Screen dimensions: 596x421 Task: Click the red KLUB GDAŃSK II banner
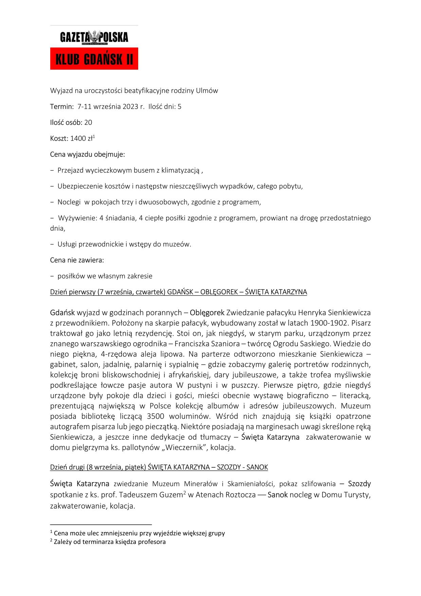coord(94,59)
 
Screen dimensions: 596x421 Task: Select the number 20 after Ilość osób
coord(88,123)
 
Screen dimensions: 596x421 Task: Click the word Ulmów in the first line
coord(207,91)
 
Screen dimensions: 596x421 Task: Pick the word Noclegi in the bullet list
coord(69,202)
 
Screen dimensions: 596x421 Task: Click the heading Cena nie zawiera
coord(77,260)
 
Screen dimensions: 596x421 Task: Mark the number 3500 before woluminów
coord(156,416)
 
